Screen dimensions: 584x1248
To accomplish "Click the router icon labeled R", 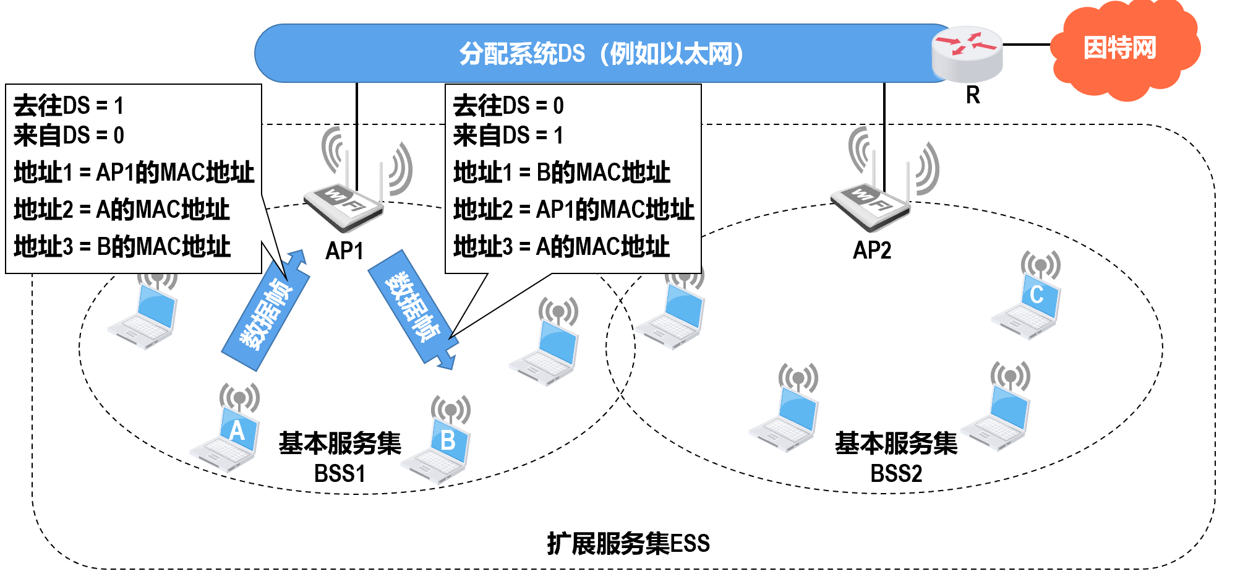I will click(x=967, y=54).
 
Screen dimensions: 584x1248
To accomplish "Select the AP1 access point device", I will click(x=344, y=204).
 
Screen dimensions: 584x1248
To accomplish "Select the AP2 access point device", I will click(x=871, y=204).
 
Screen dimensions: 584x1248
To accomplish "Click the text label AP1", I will click(x=344, y=251).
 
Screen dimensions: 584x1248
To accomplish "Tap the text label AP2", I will click(x=872, y=250).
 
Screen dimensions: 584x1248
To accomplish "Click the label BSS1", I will click(x=340, y=473).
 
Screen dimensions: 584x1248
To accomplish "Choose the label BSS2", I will click(x=896, y=473).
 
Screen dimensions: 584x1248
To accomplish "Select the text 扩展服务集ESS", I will click(x=628, y=543).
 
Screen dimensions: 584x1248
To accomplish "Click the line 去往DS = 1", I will click(x=69, y=105).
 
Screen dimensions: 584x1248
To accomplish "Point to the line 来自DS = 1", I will click(x=508, y=135).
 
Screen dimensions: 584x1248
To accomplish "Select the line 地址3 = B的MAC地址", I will click(x=122, y=246).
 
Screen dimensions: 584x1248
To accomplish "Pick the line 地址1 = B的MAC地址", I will click(x=561, y=172).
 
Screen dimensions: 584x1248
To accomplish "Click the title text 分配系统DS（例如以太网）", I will click(x=600, y=54).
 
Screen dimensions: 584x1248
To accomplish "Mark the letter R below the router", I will click(x=973, y=95).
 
